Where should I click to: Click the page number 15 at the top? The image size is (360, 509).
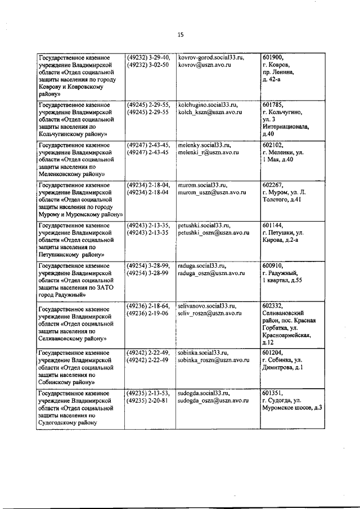tap(181, 34)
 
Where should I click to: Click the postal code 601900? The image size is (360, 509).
tap(273, 57)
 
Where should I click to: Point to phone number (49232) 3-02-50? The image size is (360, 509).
tap(148, 65)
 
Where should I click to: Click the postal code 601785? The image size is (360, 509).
tap(273, 105)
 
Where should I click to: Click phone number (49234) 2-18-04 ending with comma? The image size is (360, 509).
tap(149, 184)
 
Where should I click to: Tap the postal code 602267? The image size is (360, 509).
tap(273, 184)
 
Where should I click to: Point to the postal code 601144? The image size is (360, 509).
tap(273, 224)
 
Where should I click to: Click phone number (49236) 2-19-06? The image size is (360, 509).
tap(148, 313)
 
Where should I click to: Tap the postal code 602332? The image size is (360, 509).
tap(273, 305)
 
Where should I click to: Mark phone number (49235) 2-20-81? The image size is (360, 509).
tap(148, 400)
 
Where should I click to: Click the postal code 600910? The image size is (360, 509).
tap(273, 264)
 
